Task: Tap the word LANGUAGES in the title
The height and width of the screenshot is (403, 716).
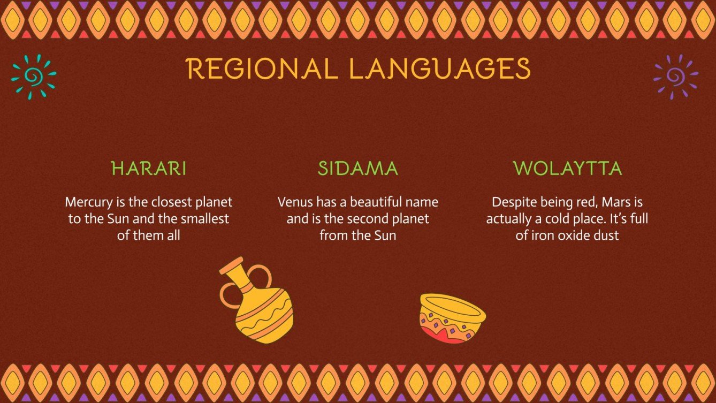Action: point(439,69)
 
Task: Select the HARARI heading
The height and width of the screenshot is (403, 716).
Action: point(149,169)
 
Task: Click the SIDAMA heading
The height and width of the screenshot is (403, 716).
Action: point(358,169)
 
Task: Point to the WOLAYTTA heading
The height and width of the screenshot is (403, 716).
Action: point(567,169)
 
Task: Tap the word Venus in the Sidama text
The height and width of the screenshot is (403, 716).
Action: point(295,202)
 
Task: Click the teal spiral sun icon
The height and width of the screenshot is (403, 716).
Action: point(33,77)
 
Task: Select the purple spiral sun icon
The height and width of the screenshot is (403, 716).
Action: point(675,77)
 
